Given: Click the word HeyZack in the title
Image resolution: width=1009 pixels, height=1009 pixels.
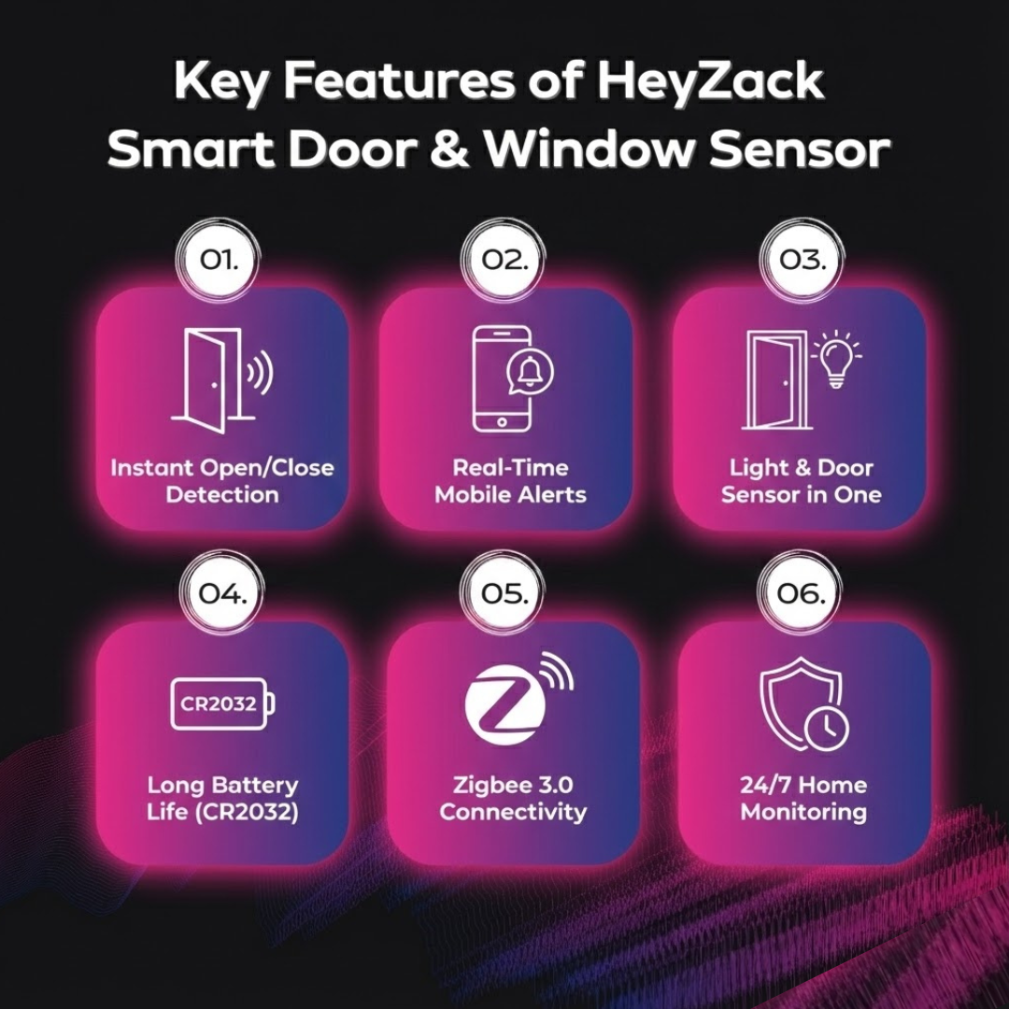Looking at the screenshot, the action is [x=710, y=81].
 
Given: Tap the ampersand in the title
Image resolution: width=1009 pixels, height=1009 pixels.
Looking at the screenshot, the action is [x=449, y=149].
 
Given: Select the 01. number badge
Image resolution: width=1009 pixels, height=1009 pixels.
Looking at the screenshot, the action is [x=219, y=260].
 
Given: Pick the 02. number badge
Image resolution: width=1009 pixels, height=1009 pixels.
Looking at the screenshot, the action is [x=504, y=260].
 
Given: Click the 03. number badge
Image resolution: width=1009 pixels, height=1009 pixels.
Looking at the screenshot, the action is [x=802, y=260].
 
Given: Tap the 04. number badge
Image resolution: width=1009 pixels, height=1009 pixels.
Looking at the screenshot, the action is [x=222, y=592].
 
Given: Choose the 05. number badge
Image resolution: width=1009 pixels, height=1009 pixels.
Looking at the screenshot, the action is [x=504, y=592].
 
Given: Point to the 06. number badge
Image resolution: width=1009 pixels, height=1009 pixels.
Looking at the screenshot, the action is [x=800, y=592].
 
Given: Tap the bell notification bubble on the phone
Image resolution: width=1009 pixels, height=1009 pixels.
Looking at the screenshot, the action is [x=531, y=373].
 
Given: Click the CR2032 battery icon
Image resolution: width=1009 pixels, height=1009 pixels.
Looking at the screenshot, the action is [x=222, y=703].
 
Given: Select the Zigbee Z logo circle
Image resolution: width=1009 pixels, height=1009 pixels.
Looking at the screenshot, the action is [x=505, y=703].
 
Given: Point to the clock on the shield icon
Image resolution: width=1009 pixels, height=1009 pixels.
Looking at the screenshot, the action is [x=827, y=729].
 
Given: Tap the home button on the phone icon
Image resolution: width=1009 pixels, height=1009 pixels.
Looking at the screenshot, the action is [x=502, y=422].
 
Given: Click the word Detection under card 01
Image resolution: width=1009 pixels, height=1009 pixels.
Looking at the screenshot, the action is [x=222, y=494].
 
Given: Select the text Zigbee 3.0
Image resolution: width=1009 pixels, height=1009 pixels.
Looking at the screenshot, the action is [x=513, y=785].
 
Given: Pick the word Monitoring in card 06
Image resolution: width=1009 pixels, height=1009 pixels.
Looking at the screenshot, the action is [x=803, y=812].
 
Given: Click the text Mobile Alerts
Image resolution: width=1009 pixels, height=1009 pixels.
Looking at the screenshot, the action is [x=510, y=494].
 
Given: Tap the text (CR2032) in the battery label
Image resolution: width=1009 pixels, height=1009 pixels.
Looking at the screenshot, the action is [x=247, y=812].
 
